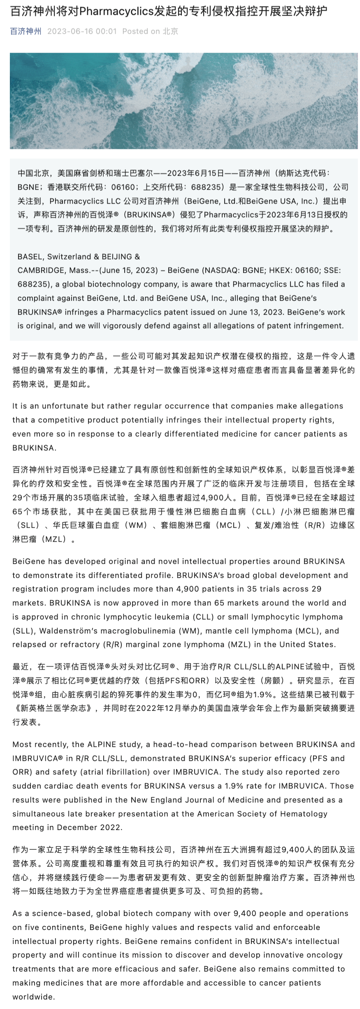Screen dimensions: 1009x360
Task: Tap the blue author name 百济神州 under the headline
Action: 26,31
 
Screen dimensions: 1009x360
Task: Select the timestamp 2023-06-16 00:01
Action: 82,31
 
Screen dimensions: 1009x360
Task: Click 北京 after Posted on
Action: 170,31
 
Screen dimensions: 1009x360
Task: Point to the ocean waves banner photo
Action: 183,100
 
